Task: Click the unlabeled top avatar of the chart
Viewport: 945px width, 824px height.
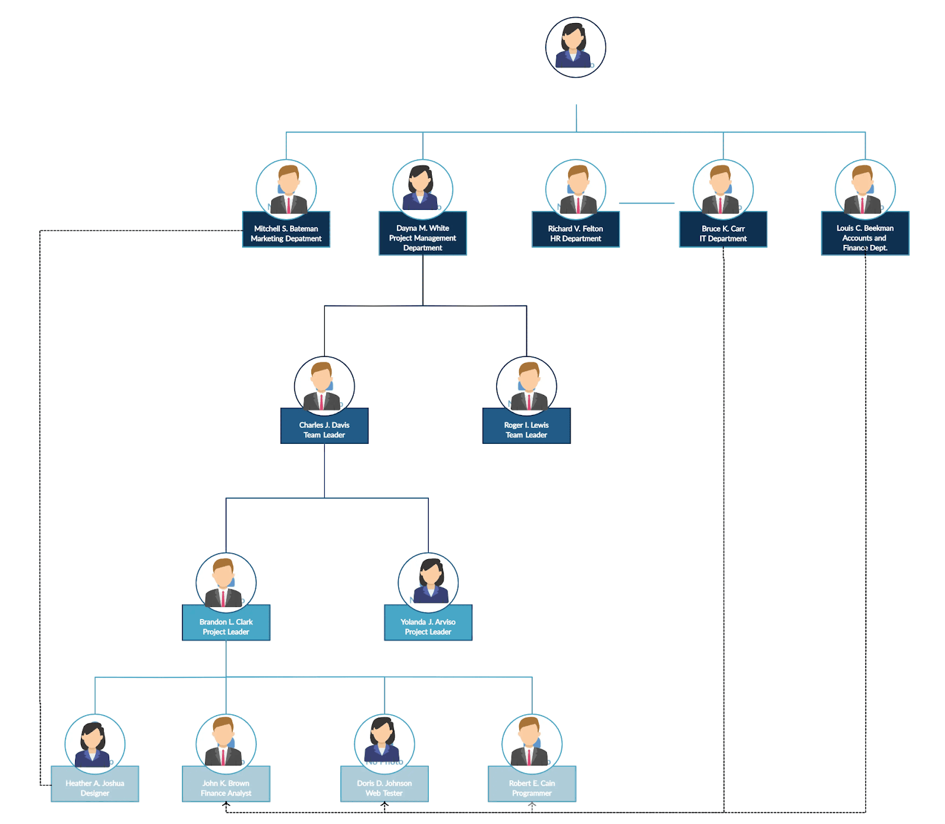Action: click(x=575, y=47)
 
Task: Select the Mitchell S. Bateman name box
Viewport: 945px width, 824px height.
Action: click(x=286, y=233)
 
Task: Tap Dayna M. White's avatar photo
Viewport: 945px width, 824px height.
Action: click(x=422, y=188)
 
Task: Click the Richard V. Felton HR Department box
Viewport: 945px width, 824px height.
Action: click(x=575, y=233)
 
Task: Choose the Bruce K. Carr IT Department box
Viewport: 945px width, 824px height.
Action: click(x=723, y=233)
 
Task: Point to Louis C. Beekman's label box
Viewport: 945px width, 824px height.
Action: click(x=865, y=237)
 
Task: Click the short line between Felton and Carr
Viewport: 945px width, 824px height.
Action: click(x=647, y=203)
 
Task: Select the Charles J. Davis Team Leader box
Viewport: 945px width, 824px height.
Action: click(x=324, y=429)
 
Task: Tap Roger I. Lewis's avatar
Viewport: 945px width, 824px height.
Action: click(x=526, y=385)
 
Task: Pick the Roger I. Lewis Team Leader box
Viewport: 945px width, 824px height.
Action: click(x=526, y=429)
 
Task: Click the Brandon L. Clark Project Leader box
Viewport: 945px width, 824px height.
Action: click(x=226, y=626)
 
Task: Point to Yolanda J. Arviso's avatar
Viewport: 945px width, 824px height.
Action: click(x=428, y=582)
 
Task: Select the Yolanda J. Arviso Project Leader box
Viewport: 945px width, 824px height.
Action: click(x=428, y=626)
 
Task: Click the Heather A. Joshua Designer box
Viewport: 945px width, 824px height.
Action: click(x=95, y=787)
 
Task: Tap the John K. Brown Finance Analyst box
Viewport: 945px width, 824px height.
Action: click(x=226, y=787)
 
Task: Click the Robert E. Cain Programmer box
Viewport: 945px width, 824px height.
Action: click(x=532, y=787)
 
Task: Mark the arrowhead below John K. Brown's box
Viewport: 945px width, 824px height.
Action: click(x=226, y=804)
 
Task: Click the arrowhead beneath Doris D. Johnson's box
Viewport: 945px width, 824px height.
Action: click(x=384, y=804)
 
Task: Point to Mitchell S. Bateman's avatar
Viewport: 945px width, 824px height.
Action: click(x=286, y=188)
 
